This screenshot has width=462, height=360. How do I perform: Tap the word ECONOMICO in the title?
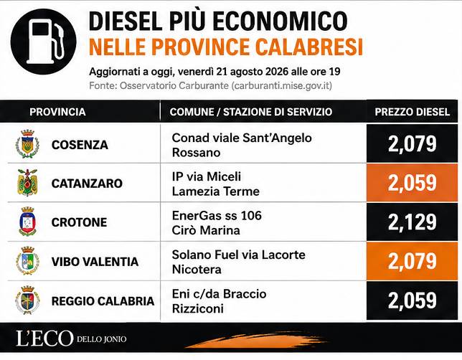pos(280,21)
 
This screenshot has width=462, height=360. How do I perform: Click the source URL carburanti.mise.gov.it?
pos(282,86)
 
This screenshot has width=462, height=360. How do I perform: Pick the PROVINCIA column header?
pos(57,112)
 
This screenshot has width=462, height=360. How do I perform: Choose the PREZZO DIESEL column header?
pos(412,112)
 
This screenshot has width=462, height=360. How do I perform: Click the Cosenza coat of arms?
pos(27,144)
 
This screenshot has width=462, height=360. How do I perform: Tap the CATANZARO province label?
pos(87,184)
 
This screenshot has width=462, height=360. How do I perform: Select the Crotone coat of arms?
pos(27,222)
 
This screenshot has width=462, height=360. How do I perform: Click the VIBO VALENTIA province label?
pos(95,262)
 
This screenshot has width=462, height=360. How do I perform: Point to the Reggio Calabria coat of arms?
pos(27,300)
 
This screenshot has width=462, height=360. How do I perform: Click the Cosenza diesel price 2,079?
pos(412,144)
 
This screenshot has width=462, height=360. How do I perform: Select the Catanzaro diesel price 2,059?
pos(412,183)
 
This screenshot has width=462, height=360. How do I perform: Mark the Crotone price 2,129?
pos(412,222)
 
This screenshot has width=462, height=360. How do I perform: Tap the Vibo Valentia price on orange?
pos(412,261)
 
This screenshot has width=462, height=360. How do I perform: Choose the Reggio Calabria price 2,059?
pos(412,300)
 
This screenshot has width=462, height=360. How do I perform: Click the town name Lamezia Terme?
pos(216,191)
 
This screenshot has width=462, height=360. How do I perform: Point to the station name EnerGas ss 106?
pos(217,216)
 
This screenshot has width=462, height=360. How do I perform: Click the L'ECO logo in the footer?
pos(44,338)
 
